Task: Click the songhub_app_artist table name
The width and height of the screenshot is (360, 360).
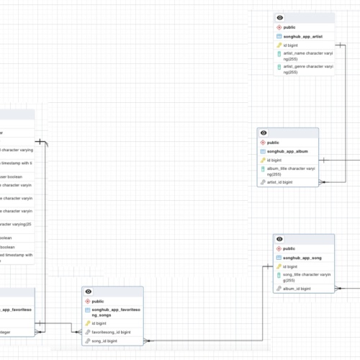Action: coord(305,36)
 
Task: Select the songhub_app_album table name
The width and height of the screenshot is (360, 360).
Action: coord(287,152)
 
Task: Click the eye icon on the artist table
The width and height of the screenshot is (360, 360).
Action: coord(280,17)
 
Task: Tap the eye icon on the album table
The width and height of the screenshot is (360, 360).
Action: coord(264,133)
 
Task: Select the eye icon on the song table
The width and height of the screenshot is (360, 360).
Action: coord(280,238)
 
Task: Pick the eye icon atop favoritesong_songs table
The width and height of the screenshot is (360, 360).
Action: coord(89,292)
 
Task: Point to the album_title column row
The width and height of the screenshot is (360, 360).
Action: coord(291,171)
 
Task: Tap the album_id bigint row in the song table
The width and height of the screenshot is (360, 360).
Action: coord(296,288)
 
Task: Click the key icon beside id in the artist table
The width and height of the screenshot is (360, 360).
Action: coord(279,45)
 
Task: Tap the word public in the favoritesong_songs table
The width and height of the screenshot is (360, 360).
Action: coord(98,301)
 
